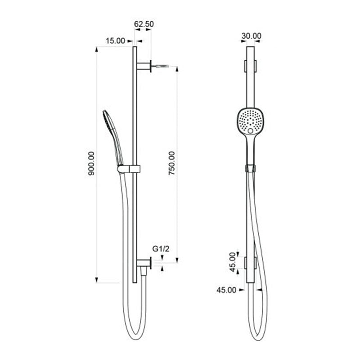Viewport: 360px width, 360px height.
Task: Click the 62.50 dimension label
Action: click(x=144, y=24)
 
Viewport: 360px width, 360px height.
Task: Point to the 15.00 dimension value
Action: click(x=115, y=41)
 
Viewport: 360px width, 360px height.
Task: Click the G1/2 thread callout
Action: click(x=161, y=248)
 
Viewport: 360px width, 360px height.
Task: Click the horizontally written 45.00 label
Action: click(x=226, y=290)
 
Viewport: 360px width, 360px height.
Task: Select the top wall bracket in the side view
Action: click(x=144, y=66)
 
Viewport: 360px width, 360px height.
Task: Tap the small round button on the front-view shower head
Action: click(x=250, y=130)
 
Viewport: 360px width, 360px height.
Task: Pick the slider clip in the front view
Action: click(x=250, y=168)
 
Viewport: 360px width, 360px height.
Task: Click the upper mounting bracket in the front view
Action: click(x=250, y=66)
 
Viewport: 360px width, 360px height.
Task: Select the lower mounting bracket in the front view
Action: click(x=250, y=263)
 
